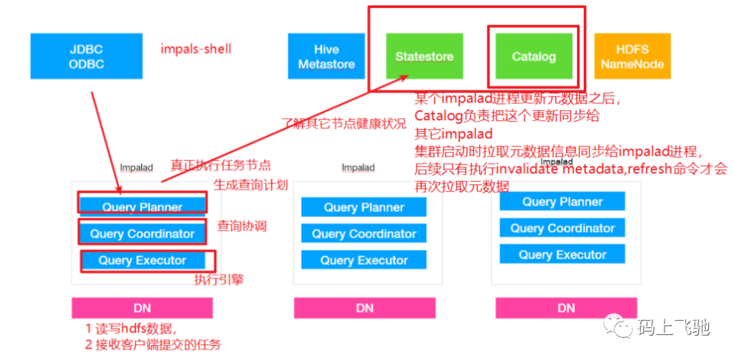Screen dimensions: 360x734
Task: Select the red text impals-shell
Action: coord(196,49)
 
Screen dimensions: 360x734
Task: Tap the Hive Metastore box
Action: coord(326,57)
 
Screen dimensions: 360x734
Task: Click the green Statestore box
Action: coord(424,56)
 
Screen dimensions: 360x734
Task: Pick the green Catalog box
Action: coord(534,56)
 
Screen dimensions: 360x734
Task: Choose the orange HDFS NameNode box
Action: coord(632,56)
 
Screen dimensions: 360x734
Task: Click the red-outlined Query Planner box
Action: coord(142,206)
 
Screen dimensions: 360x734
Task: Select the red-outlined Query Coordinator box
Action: coord(142,234)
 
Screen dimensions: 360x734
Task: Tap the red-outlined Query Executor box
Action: coord(142,260)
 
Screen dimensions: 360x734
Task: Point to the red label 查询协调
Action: coord(241,226)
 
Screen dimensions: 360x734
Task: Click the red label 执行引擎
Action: coord(219,279)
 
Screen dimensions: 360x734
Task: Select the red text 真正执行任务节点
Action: coord(220,165)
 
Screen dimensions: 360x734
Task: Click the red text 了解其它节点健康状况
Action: coord(343,124)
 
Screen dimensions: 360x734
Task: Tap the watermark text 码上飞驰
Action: coord(673,328)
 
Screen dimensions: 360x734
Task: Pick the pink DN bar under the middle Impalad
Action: coord(364,308)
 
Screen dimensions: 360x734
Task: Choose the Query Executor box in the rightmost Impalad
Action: coord(562,255)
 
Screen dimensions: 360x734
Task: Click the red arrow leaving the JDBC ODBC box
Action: coord(105,136)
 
